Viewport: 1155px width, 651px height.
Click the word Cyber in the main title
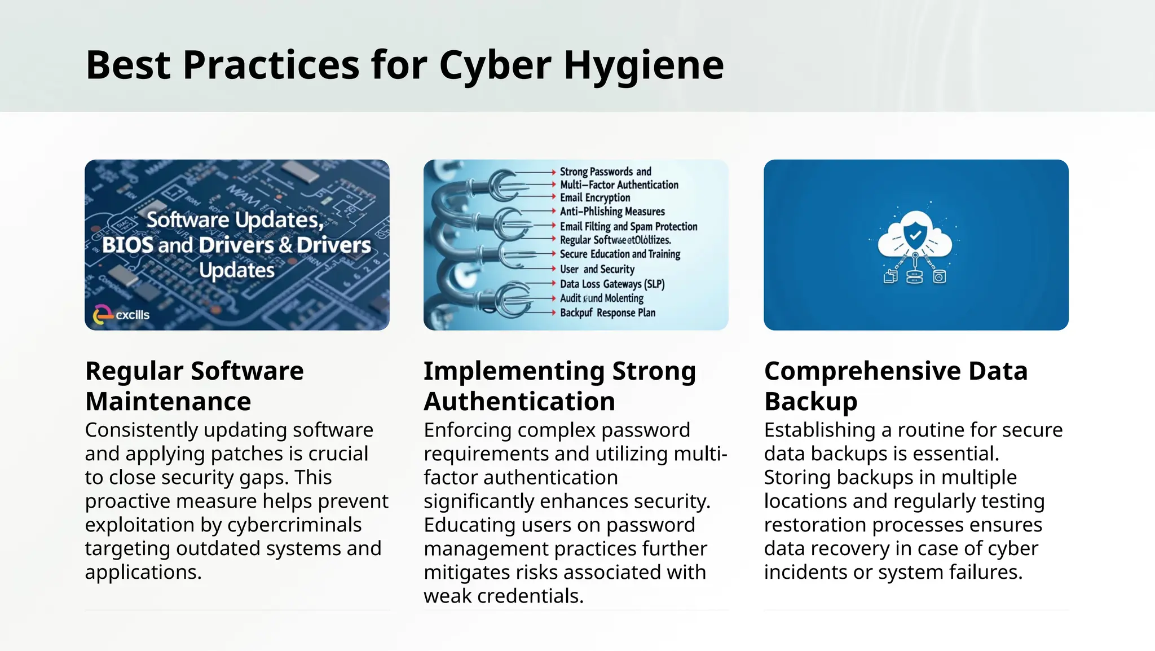(x=495, y=65)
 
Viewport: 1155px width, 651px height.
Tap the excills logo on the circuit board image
(x=121, y=315)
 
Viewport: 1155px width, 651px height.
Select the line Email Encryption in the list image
(x=594, y=197)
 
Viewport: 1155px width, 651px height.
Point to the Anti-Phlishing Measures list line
(x=612, y=212)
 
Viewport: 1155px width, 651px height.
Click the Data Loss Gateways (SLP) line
(x=612, y=284)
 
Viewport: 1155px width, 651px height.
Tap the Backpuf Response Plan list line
(x=607, y=313)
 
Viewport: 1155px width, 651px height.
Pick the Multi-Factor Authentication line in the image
(x=619, y=184)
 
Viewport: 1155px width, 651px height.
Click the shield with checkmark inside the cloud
(x=915, y=234)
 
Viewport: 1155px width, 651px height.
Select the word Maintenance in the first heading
(x=168, y=402)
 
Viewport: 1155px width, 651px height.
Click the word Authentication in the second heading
(x=519, y=402)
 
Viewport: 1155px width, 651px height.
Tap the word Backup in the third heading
(x=810, y=402)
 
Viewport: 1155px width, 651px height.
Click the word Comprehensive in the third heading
(x=862, y=371)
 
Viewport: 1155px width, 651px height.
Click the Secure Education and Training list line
(x=619, y=254)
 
